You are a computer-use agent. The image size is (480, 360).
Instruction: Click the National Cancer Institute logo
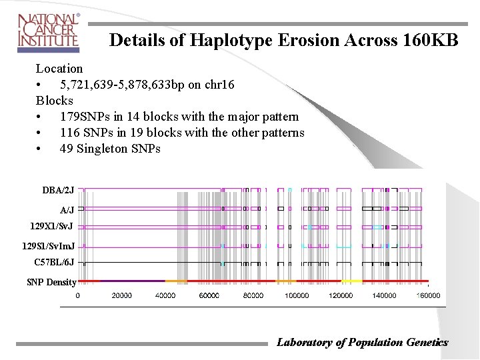coord(49,31)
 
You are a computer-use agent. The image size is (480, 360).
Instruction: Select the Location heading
coord(59,69)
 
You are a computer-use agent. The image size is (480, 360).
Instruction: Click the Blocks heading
coord(55,101)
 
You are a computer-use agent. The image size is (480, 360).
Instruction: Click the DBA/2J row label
coord(58,191)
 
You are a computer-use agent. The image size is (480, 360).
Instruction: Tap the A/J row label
coord(67,210)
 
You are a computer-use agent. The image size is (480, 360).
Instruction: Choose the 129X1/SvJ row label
coord(51,227)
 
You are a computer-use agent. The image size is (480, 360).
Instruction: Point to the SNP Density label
coord(51,282)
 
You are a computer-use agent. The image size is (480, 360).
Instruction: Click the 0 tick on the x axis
coord(78,295)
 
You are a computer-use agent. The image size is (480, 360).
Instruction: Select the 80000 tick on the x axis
coord(253,295)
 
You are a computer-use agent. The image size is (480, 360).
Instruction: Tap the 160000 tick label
coord(428,295)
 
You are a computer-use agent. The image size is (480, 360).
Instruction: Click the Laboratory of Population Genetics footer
coord(362,343)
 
